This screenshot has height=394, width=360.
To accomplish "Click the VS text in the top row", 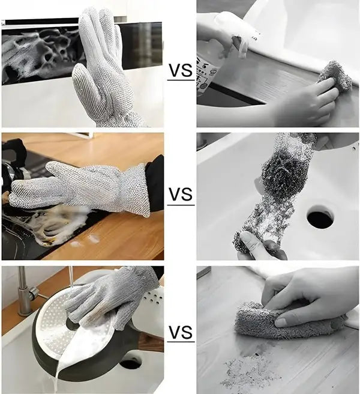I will pyautogui.click(x=180, y=71).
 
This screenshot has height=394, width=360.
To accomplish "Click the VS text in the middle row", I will pyautogui.click(x=180, y=195).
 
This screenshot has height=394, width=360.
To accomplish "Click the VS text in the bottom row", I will pyautogui.click(x=180, y=332).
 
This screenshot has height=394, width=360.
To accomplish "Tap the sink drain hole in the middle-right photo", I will pyautogui.click(x=320, y=218).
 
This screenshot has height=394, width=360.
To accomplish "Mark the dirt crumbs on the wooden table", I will pyautogui.click(x=249, y=363).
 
